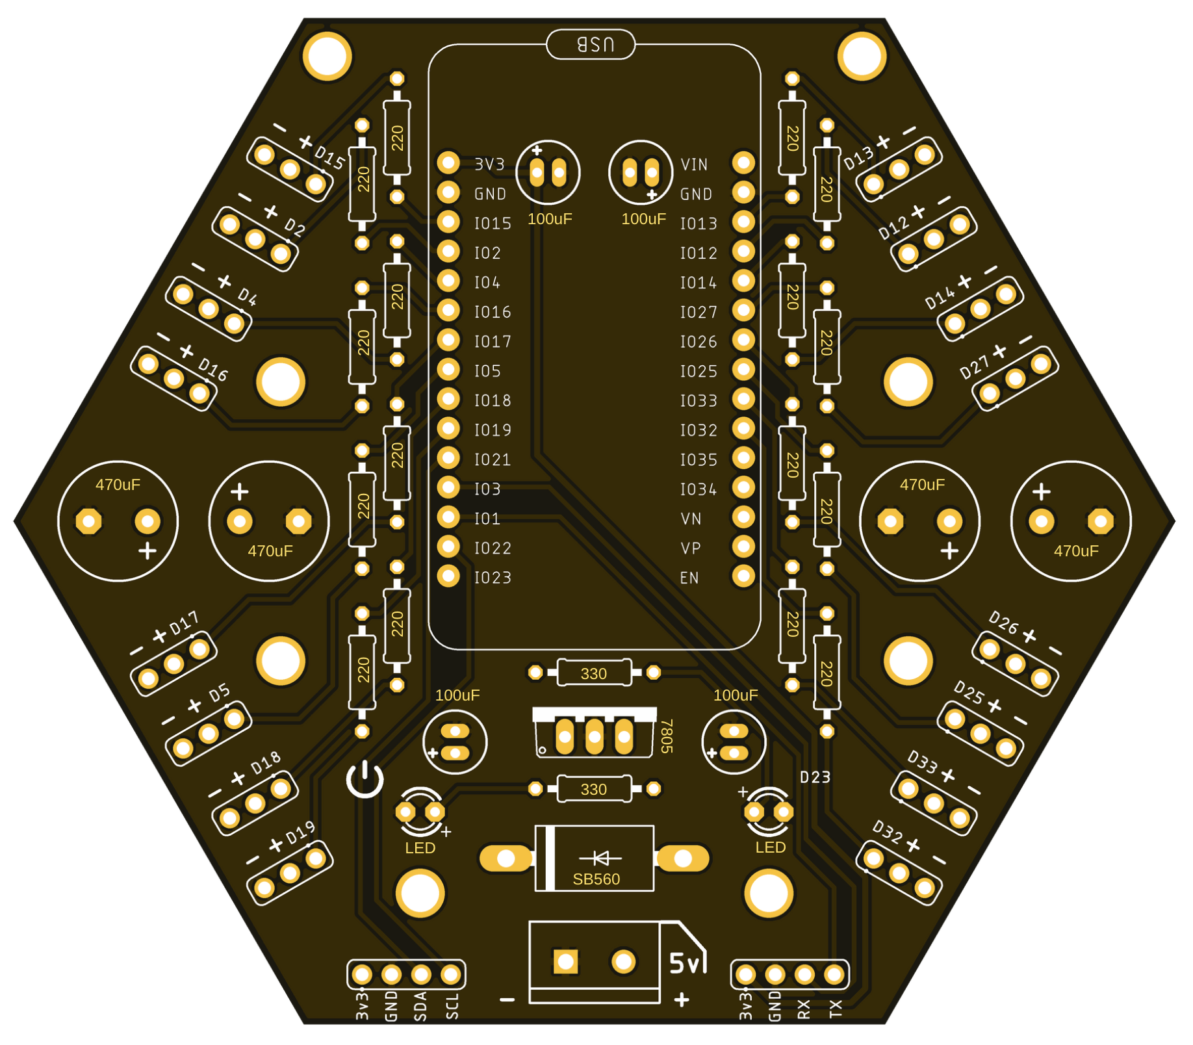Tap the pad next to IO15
click(448, 222)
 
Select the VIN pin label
click(693, 164)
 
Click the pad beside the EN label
click(743, 576)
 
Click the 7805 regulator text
click(666, 736)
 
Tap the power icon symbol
click(365, 779)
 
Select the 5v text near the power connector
click(686, 963)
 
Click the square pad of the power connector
click(565, 962)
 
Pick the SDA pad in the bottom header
click(421, 974)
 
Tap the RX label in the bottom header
click(804, 1009)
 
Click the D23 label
click(815, 777)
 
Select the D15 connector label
click(329, 157)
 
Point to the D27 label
click(974, 368)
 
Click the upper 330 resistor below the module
click(594, 673)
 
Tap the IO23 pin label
click(492, 578)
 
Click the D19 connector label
click(301, 832)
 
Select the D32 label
click(888, 831)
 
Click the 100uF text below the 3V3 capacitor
click(550, 219)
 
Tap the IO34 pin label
click(698, 489)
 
